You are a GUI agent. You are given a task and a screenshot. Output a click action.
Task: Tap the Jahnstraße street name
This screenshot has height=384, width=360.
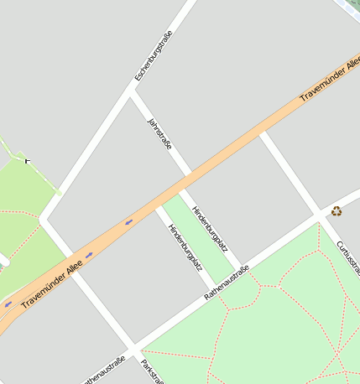tap(159, 134)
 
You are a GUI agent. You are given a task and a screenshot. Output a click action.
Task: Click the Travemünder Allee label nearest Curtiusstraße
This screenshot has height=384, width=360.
tap(330, 80)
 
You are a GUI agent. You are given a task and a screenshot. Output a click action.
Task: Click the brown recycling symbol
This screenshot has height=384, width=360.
tap(337, 211)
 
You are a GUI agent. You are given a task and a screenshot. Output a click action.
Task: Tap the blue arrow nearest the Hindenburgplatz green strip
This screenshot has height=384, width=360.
tap(128, 222)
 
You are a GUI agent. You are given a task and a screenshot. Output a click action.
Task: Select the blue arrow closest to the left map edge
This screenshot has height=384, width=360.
tap(8, 304)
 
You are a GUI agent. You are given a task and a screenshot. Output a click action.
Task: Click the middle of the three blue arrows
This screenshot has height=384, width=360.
tap(89, 254)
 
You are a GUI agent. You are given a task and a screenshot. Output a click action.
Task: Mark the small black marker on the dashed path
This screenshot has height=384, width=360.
tap(28, 159)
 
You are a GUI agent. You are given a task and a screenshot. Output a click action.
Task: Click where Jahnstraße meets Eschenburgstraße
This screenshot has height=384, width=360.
tap(130, 92)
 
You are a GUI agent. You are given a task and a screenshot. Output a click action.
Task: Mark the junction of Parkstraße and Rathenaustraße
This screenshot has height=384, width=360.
tap(134, 348)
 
